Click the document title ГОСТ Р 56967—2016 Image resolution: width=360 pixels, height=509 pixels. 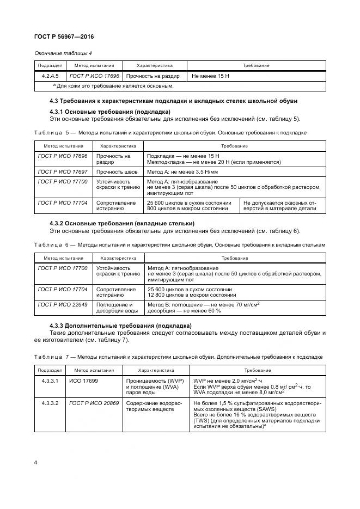(x=64, y=37)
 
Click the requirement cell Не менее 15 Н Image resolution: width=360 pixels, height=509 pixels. (x=211, y=76)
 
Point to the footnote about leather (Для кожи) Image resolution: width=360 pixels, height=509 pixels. (x=113, y=85)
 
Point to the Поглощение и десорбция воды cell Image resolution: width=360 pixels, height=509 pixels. (x=115, y=307)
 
